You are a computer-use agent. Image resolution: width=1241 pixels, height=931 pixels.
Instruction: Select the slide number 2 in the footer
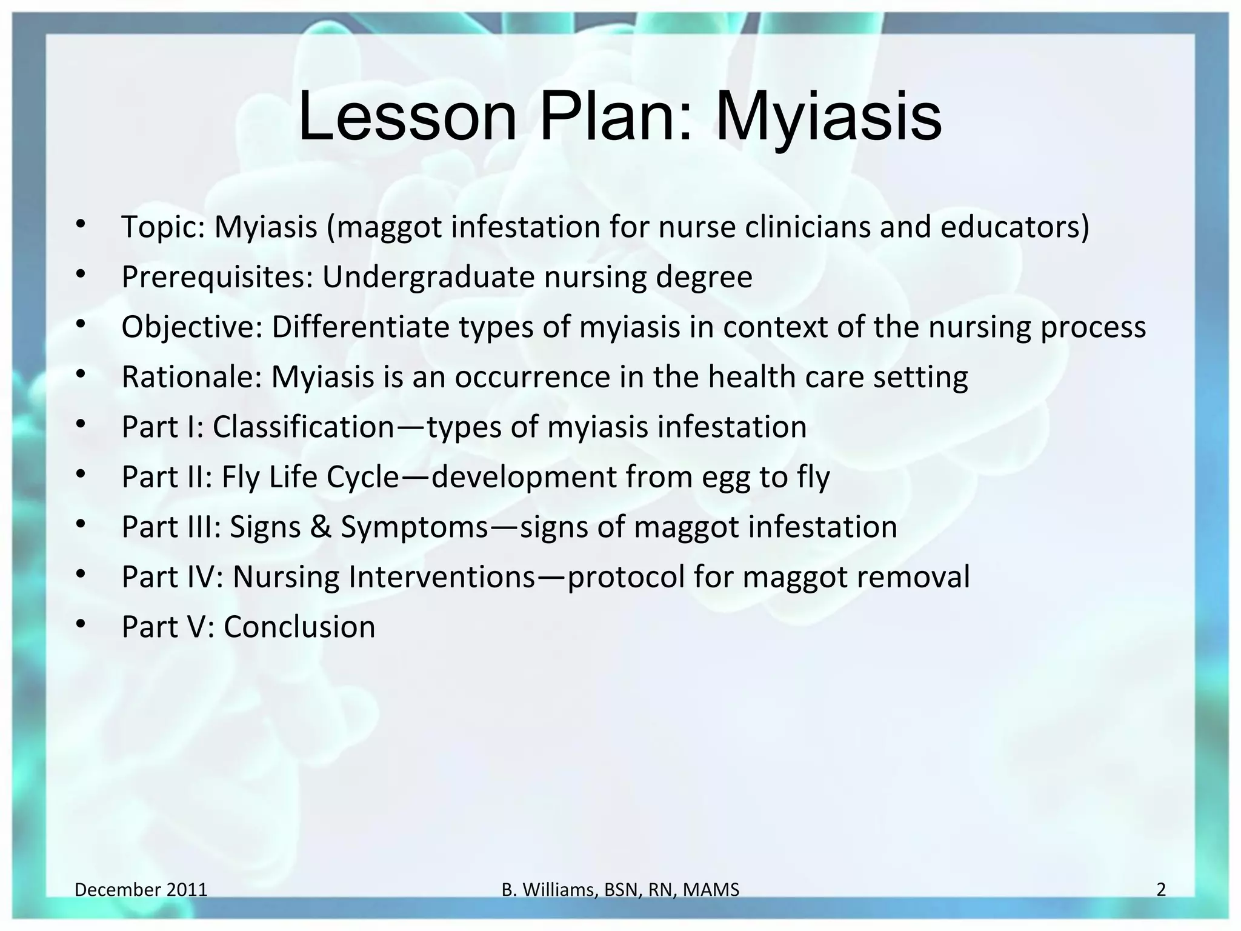[x=1161, y=890]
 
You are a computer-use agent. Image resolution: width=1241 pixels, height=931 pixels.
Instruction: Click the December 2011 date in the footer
[x=141, y=890]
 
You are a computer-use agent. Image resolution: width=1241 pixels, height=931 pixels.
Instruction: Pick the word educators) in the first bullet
[x=1014, y=227]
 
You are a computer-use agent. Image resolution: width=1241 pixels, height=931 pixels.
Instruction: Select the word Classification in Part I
[x=303, y=427]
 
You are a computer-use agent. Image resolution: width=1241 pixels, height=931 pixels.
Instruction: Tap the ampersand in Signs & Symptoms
[x=320, y=527]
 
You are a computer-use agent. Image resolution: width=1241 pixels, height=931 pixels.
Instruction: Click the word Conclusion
[x=299, y=627]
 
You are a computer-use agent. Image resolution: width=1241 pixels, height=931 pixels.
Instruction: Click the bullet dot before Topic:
[x=81, y=224]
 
